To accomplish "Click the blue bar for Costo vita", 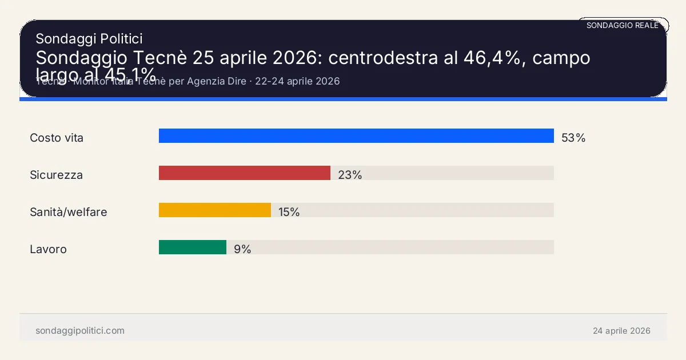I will point(356,136).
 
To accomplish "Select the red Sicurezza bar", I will point(245,173).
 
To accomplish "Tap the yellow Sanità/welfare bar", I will point(214,210).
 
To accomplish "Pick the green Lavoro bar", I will point(193,247).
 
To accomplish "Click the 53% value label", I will point(573,138).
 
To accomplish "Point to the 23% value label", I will point(350,175).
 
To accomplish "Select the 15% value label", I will point(289,212).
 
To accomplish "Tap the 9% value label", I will point(242,249).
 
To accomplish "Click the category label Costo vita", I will point(57,138).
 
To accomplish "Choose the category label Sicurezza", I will point(56,175).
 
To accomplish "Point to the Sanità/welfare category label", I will point(68,212).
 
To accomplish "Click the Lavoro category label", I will point(48,249).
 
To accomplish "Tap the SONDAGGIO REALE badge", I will point(623,26).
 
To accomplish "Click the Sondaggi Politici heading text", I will point(89,38).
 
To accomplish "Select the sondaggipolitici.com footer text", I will point(79,331).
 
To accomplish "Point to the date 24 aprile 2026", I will point(621,331).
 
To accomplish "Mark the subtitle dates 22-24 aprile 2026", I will point(297,81).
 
